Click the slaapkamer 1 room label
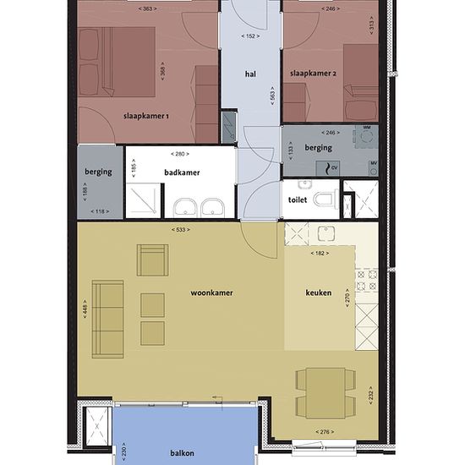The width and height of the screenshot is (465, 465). coord(146,116)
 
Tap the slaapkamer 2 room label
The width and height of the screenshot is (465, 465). coord(313,74)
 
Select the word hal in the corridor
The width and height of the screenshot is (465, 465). coord(250,74)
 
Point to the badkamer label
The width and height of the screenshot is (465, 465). coord(182,172)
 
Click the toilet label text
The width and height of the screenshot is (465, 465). coord(298,200)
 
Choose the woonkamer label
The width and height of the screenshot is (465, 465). coord(211,293)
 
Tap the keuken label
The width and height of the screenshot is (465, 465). coord(319,293)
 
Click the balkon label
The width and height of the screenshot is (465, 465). coord(182,453)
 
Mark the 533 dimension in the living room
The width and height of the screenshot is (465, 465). coord(180,229)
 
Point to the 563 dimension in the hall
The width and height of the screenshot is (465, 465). coord(272,96)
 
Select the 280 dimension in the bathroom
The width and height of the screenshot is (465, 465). coord(180,154)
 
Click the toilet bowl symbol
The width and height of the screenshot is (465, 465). coord(325,199)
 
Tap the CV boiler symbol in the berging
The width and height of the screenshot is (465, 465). coord(328,168)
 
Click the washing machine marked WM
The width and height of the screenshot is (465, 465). coord(367,137)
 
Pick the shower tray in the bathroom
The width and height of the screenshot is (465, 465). coord(143,200)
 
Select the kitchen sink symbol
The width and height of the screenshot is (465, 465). coord(326,233)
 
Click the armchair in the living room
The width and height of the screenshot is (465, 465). coord(152,260)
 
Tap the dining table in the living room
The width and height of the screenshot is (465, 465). coord(325,393)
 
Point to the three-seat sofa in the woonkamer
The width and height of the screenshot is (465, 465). coord(107,319)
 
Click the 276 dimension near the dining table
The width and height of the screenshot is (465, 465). coord(325,432)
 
